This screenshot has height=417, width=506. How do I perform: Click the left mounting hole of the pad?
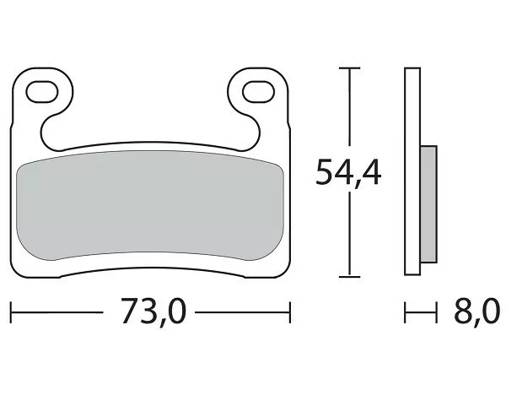tap(45, 89)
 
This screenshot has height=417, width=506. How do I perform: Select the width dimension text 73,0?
tap(153, 314)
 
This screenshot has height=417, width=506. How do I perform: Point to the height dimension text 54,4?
tap(348, 172)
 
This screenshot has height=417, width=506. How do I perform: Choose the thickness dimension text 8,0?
tap(476, 314)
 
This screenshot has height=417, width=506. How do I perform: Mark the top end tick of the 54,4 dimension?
tap(348, 68)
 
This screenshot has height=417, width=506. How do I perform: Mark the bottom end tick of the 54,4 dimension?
tap(348, 276)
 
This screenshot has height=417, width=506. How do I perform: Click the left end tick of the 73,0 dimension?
tap(12, 314)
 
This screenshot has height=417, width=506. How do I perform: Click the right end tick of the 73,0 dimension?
tap(290, 314)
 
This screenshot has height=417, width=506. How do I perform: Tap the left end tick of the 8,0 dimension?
tap(406, 314)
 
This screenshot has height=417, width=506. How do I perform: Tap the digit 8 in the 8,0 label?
tap(463, 313)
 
